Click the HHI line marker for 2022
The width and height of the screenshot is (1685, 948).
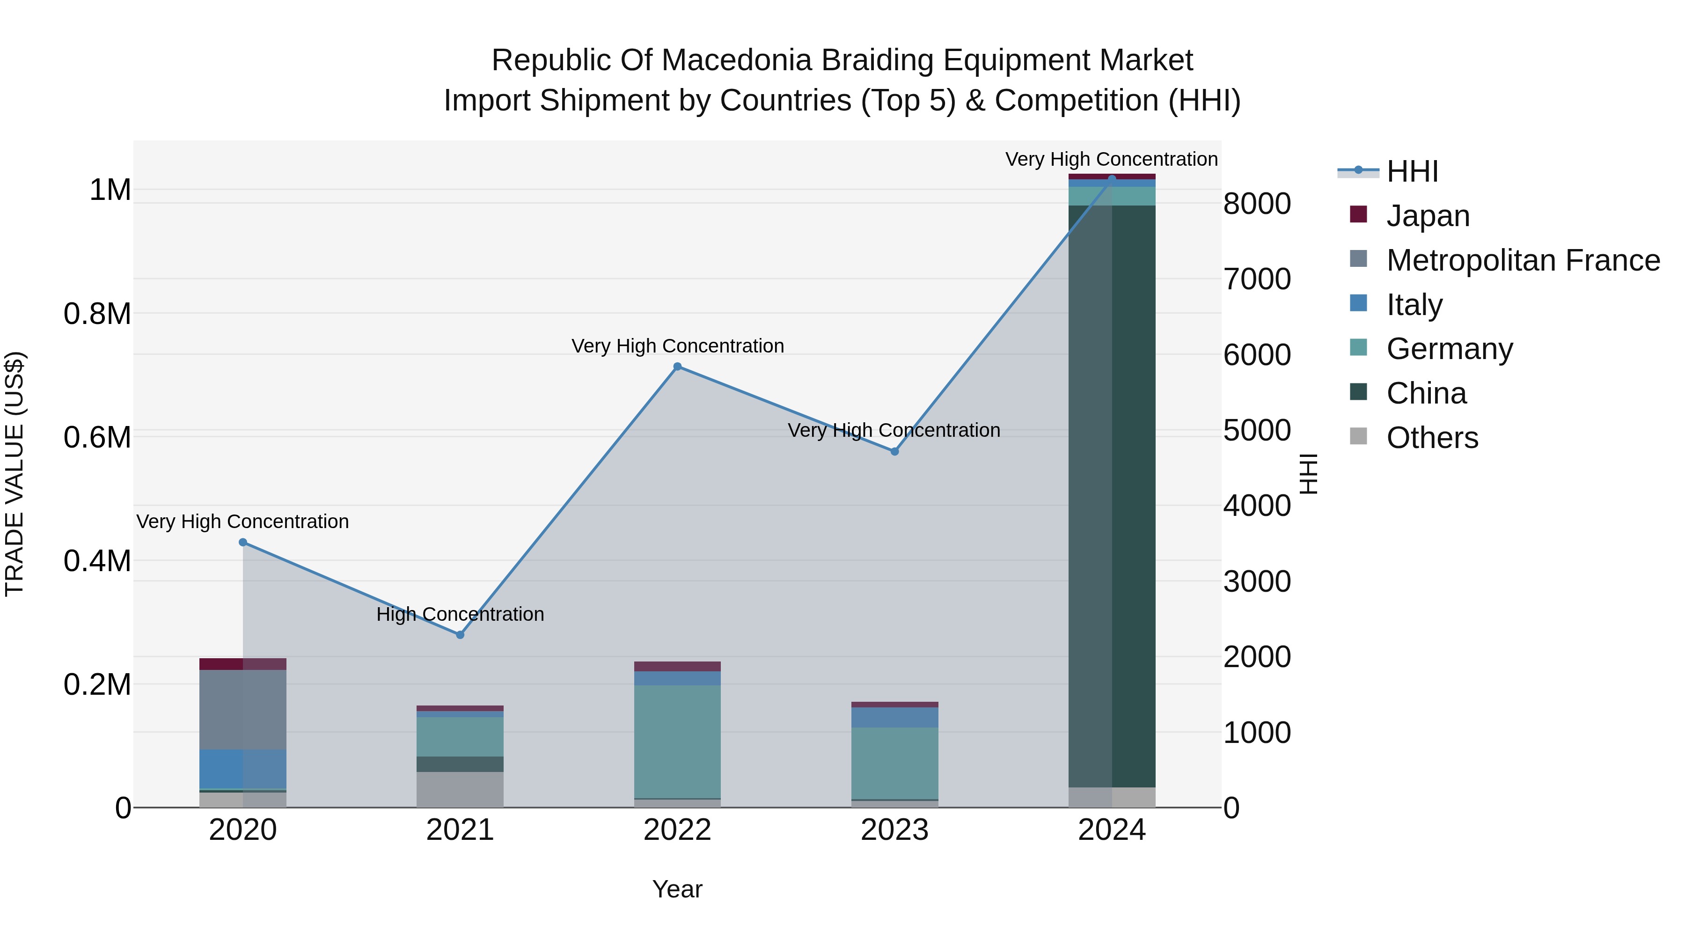coord(677,367)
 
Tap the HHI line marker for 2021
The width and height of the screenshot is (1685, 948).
coord(460,635)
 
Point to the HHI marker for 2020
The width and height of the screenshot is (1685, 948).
coord(242,543)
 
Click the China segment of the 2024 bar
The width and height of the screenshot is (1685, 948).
coord(1112,497)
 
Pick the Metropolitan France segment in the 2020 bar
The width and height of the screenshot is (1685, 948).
coord(242,709)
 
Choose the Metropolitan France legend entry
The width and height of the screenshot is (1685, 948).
coord(1523,260)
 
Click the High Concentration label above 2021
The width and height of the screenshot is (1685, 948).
coord(460,614)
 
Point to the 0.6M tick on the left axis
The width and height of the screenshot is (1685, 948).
coord(97,437)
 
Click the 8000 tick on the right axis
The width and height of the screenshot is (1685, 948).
coord(1257,204)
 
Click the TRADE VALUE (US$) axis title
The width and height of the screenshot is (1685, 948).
coord(15,474)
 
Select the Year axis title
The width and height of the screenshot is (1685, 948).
coord(677,889)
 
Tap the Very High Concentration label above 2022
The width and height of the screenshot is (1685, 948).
coord(677,346)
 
